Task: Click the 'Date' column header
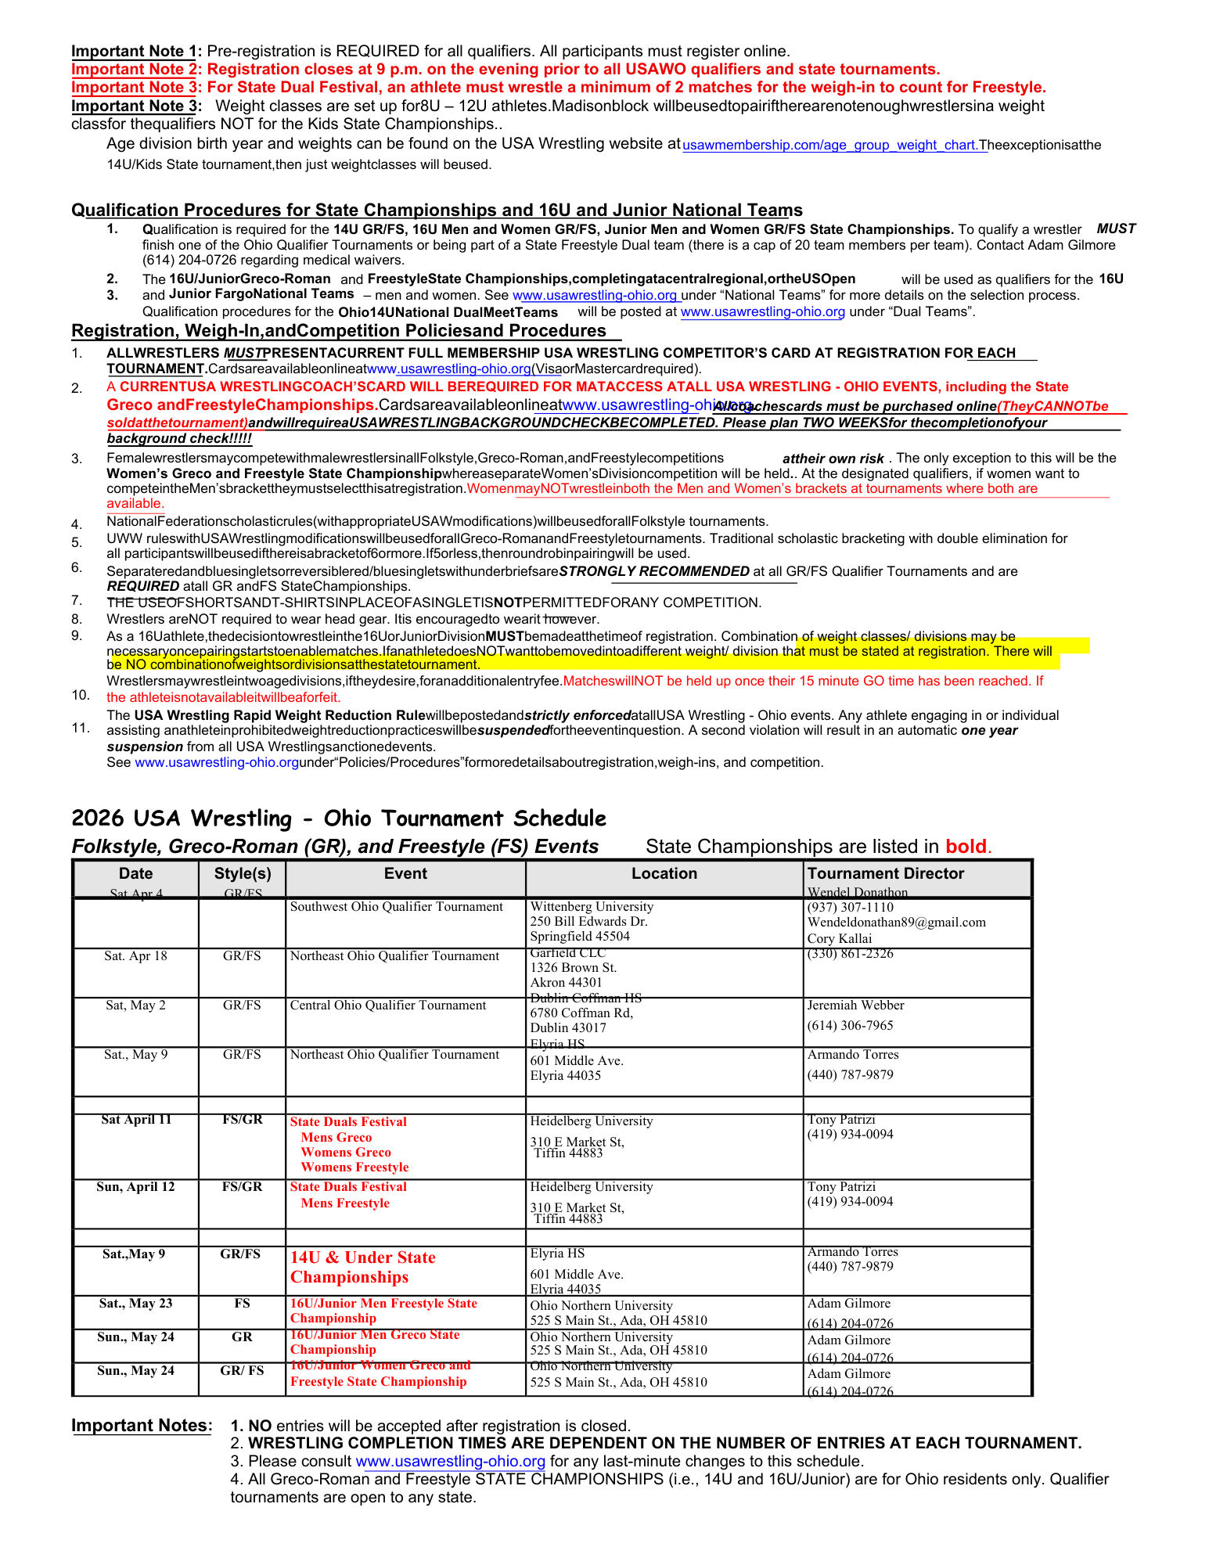click(135, 873)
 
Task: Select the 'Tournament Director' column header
click(885, 873)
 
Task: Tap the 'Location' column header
click(664, 873)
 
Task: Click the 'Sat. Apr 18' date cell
click(135, 956)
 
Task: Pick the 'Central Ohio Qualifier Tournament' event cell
click(388, 1006)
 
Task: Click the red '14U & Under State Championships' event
click(362, 1267)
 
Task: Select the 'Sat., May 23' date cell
click(135, 1304)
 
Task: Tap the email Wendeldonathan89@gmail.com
click(896, 923)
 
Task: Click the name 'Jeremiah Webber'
click(855, 1006)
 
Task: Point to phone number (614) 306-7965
click(850, 1026)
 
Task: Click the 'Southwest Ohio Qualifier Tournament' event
click(396, 907)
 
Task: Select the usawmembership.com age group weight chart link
click(834, 146)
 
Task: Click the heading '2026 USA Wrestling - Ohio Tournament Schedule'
click(339, 818)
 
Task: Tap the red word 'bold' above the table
click(966, 847)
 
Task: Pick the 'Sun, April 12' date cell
click(135, 1187)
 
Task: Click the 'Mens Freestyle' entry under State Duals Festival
click(345, 1203)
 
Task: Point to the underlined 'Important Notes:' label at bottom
click(142, 1426)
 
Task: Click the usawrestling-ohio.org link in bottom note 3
click(450, 1462)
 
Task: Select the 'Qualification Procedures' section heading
click(437, 210)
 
